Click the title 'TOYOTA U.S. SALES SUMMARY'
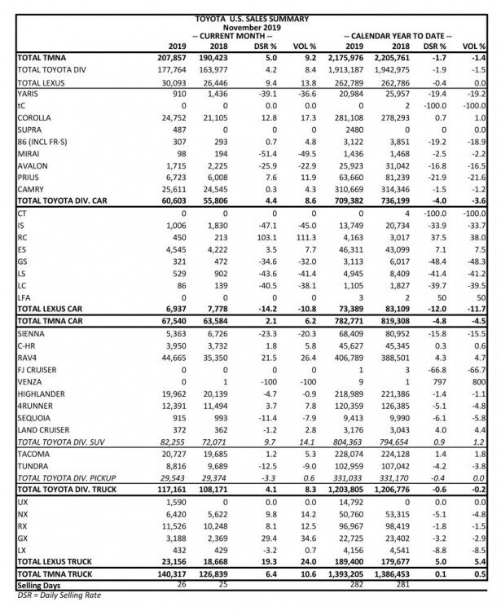(250, 17)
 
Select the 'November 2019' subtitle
(250, 26)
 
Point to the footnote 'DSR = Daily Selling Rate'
(52, 596)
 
